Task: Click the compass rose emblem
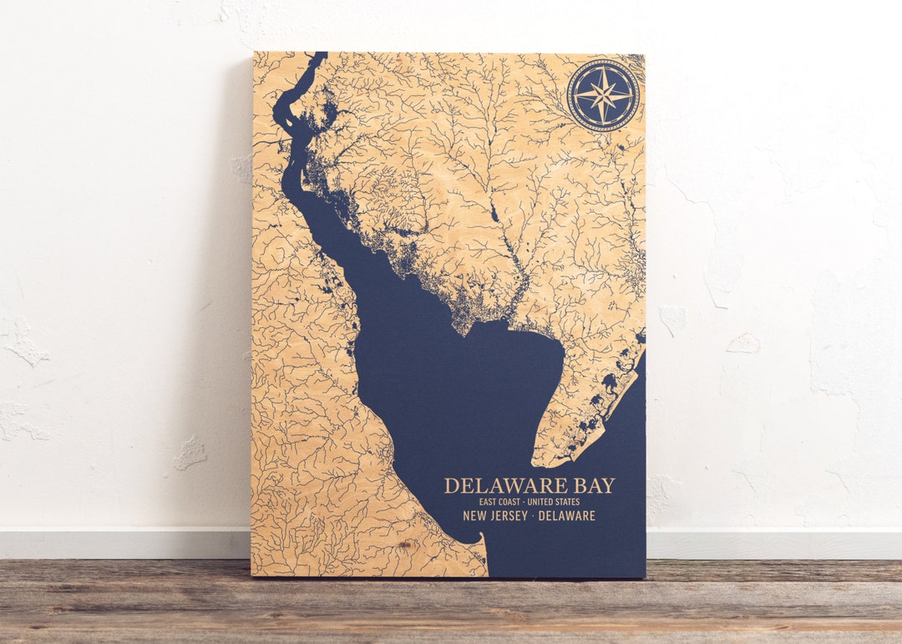(x=603, y=95)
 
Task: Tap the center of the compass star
(x=603, y=95)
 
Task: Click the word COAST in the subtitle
(x=506, y=502)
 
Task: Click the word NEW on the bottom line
(x=475, y=516)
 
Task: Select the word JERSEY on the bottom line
(x=510, y=516)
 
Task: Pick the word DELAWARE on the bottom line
(x=567, y=516)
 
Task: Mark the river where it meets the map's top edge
(x=317, y=55)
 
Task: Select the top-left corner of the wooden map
(x=254, y=53)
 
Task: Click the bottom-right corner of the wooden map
(x=645, y=577)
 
